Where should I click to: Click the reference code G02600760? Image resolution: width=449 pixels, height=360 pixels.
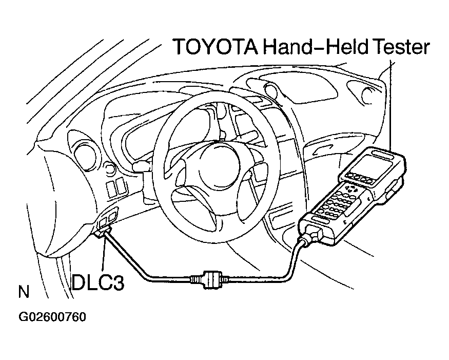tap(52, 317)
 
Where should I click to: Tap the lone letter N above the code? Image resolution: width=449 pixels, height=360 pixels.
tap(23, 293)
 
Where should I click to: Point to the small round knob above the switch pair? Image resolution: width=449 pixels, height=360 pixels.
tap(109, 168)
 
